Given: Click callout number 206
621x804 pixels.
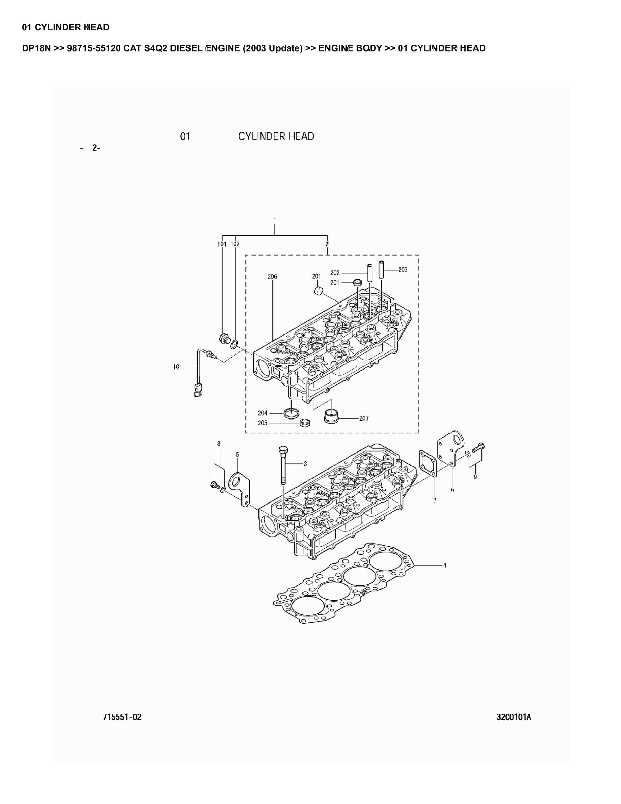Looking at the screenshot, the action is tap(272, 276).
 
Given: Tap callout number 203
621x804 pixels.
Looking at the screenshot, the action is tap(403, 270).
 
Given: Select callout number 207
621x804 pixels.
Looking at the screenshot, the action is tap(364, 418).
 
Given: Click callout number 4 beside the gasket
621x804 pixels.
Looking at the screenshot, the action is tap(444, 565).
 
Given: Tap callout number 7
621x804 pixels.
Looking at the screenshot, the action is tap(435, 500).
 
